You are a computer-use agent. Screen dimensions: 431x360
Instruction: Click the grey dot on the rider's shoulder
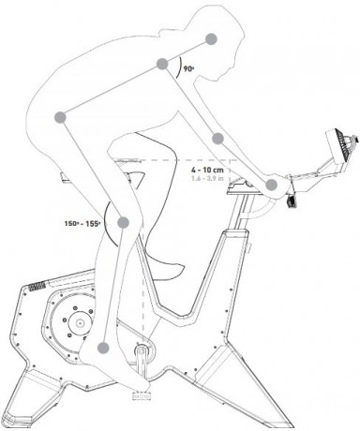tap(163, 66)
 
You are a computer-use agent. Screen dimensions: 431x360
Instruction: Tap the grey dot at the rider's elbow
tap(217, 139)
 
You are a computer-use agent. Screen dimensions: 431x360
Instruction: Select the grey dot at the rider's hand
tap(272, 185)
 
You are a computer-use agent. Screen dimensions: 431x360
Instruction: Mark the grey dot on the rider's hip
tap(61, 117)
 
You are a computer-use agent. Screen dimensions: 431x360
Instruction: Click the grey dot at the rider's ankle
tap(102, 348)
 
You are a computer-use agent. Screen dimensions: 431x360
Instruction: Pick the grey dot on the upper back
tap(213, 38)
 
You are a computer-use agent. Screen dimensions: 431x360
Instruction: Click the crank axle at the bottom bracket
tap(142, 353)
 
